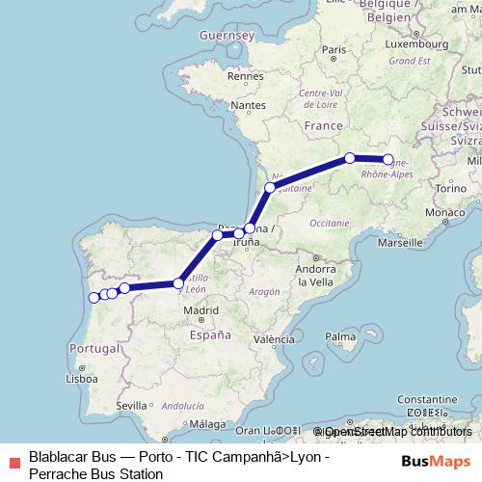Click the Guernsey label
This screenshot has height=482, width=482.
(x=225, y=36)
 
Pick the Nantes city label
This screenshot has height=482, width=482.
(x=248, y=104)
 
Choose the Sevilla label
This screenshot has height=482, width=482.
(x=132, y=407)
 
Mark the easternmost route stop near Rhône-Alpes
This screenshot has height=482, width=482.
(x=388, y=160)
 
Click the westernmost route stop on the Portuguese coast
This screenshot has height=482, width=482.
(x=94, y=298)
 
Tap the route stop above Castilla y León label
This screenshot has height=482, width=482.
(x=178, y=282)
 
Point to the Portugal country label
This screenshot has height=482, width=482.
(x=94, y=347)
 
